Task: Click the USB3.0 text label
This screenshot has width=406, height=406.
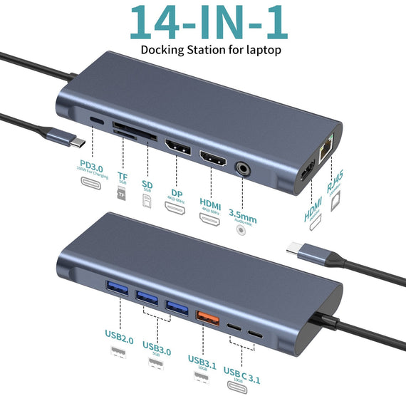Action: pyautogui.click(x=156, y=347)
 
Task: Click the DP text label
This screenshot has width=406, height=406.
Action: pyautogui.click(x=175, y=184)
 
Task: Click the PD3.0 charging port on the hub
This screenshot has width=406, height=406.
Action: pyautogui.click(x=95, y=122)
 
